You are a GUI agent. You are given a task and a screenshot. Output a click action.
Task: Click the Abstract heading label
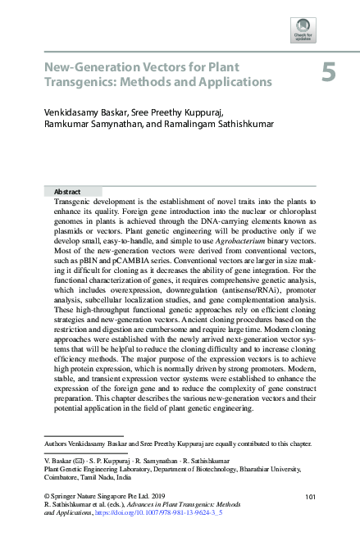[67, 191]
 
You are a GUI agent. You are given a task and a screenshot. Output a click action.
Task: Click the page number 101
[311, 498]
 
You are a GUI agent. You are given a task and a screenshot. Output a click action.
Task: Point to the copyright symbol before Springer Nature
[46, 498]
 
